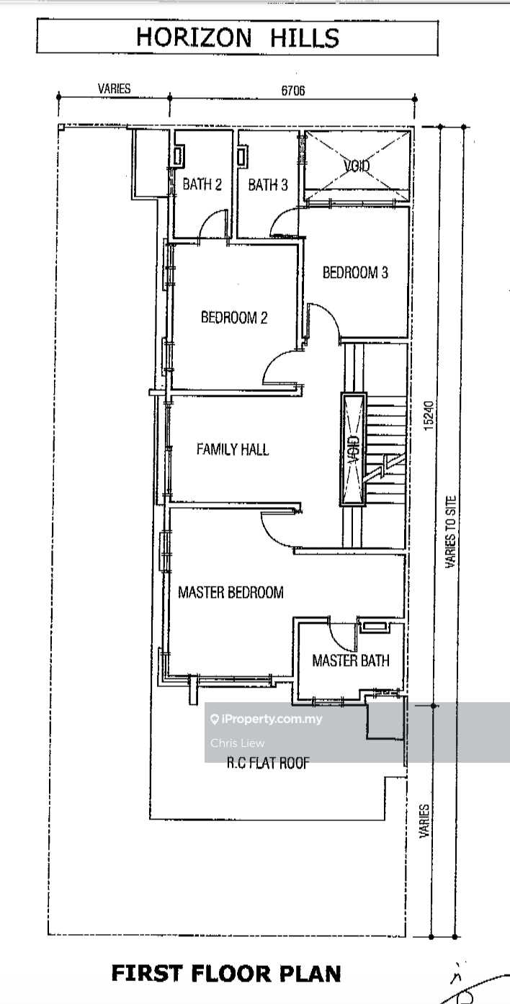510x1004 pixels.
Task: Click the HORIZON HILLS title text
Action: (238, 37)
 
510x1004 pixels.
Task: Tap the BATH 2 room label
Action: (202, 184)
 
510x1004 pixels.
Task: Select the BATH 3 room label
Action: (268, 184)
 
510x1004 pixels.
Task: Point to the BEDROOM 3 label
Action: (355, 272)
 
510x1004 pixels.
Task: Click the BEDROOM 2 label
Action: (234, 318)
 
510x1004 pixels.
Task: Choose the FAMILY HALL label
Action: (233, 449)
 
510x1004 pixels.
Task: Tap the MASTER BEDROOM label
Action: (231, 593)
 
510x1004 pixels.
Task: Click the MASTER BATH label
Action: (351, 660)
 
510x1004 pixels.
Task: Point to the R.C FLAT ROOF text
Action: (268, 763)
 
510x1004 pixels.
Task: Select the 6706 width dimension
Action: (293, 91)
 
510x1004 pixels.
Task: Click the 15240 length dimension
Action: (429, 416)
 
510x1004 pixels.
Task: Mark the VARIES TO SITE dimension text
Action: (451, 532)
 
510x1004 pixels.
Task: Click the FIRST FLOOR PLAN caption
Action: (226, 974)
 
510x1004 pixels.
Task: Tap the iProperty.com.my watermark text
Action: (267, 720)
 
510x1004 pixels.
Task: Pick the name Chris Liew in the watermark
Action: (238, 743)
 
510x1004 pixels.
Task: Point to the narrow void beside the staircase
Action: (354, 449)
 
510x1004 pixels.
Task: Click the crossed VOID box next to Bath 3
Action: (357, 166)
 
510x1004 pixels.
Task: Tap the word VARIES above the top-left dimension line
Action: (115, 89)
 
